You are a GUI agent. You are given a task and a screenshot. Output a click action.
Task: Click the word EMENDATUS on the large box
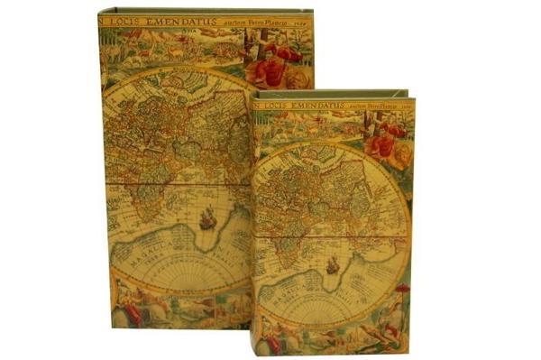point(199,17)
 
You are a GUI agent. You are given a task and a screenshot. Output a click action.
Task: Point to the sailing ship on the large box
point(208,217)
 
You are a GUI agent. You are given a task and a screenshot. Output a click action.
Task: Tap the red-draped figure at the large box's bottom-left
point(131,310)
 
